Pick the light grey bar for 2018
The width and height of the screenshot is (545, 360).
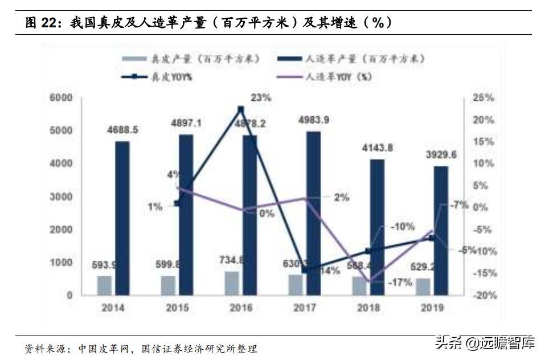pyautogui.click(x=359, y=286)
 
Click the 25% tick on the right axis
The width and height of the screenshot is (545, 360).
pyautogui.click(x=483, y=98)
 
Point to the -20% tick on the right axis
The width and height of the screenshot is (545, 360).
pyautogui.click(x=482, y=295)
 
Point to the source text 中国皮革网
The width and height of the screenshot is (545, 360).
pyautogui.click(x=103, y=347)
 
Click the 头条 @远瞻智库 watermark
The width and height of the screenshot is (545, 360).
pyautogui.click(x=485, y=343)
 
